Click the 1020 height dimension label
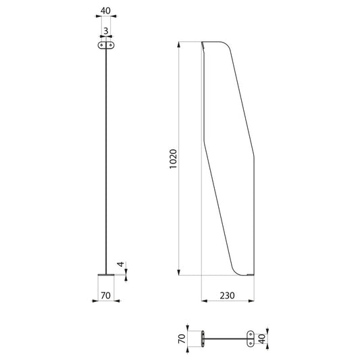click(x=174, y=159)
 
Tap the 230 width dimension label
click(x=228, y=295)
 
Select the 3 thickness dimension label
click(x=106, y=31)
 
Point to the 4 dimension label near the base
click(x=121, y=264)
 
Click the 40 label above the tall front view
click(x=105, y=11)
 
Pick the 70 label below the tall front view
click(x=105, y=295)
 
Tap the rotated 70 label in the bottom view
click(x=182, y=338)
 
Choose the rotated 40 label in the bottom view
click(x=262, y=339)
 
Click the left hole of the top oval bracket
click(x=101, y=45)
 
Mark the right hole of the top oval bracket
click(x=111, y=45)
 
